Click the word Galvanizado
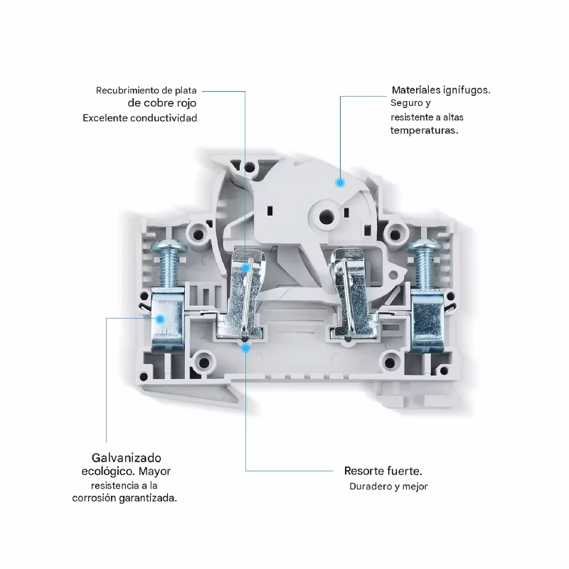(126, 457)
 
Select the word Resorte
(364, 471)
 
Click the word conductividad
(164, 118)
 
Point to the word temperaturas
(424, 131)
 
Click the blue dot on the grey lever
(340, 183)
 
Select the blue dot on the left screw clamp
(161, 319)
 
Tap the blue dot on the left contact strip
(245, 268)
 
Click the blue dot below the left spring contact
(245, 348)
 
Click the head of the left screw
(169, 248)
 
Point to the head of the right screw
(425, 247)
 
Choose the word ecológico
(108, 472)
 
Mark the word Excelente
(105, 118)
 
